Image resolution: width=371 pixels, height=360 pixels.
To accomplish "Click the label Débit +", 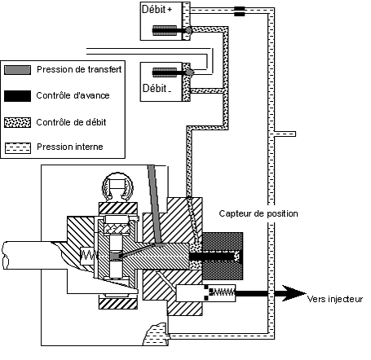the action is (157, 9).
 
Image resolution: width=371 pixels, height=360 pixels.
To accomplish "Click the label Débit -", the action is (157, 89).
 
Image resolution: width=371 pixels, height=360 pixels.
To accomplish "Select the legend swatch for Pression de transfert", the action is (17, 70).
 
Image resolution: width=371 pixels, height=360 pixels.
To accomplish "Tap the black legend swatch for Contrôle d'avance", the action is (17, 96).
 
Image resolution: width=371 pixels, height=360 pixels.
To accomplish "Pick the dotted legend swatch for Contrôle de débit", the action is (17, 122).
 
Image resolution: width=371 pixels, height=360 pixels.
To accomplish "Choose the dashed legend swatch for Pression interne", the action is (18, 148).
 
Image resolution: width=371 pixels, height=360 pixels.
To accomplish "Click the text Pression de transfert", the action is (79, 69).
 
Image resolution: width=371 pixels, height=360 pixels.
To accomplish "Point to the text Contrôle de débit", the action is (71, 122).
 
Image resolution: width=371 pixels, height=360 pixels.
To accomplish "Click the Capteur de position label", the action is (258, 213).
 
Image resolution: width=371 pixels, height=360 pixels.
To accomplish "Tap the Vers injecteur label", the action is (335, 299).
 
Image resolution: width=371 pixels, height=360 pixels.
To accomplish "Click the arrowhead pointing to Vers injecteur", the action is (294, 293).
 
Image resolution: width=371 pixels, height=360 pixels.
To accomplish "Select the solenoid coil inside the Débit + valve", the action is (165, 30).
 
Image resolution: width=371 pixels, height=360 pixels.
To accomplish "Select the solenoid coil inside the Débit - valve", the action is (165, 72).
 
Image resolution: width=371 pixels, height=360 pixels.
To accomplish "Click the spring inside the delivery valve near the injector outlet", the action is (223, 292).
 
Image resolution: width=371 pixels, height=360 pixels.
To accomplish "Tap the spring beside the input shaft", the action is (89, 255).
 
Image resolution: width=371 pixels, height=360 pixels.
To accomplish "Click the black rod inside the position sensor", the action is (212, 257).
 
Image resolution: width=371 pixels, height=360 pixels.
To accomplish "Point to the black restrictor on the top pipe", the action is (240, 11).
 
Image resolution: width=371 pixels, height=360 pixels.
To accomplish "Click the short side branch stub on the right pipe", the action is (285, 134).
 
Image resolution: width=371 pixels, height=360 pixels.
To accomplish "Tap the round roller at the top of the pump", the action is (117, 187).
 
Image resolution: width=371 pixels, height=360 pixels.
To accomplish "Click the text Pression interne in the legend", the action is (70, 147).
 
